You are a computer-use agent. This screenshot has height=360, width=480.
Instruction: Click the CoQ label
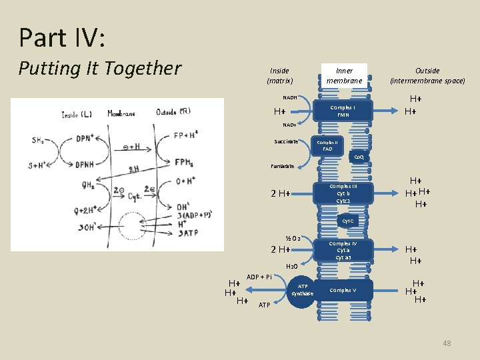359,157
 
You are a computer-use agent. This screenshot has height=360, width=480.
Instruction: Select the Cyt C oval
349,220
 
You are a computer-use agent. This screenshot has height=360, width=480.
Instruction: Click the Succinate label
287,141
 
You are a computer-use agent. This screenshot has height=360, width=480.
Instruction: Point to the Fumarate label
282,166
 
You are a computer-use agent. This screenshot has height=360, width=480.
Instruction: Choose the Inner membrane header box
344,75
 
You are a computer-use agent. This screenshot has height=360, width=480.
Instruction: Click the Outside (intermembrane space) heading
427,75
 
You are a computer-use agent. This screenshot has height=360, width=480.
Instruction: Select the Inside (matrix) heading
280,75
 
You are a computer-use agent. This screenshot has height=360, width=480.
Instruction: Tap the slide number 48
447,343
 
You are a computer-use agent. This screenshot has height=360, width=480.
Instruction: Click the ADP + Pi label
259,277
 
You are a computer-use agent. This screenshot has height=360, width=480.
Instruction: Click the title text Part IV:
62,37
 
